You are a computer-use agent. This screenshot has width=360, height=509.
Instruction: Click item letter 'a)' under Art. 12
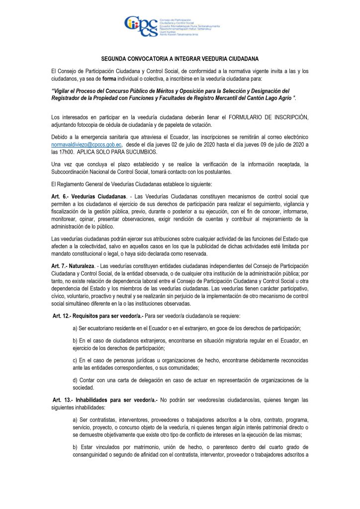click(76, 328)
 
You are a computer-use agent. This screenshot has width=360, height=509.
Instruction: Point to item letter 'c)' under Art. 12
click(76, 359)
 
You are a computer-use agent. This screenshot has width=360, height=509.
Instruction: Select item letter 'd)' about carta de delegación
click(76, 380)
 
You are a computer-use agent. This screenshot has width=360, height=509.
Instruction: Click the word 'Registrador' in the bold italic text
click(71, 98)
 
